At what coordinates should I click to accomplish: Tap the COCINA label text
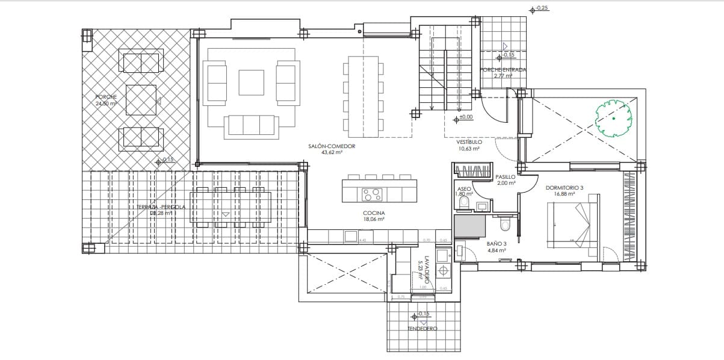374,213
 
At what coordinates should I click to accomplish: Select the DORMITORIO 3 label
564,187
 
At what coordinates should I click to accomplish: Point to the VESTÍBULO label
468,142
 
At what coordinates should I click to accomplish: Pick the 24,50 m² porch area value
107,104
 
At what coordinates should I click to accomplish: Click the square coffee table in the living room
251,83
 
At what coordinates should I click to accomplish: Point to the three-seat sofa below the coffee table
252,125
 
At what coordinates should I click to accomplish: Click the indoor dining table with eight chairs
364,96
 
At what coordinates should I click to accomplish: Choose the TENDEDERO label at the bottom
421,329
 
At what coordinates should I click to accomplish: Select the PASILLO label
505,176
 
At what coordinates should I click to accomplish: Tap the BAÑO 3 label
496,244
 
